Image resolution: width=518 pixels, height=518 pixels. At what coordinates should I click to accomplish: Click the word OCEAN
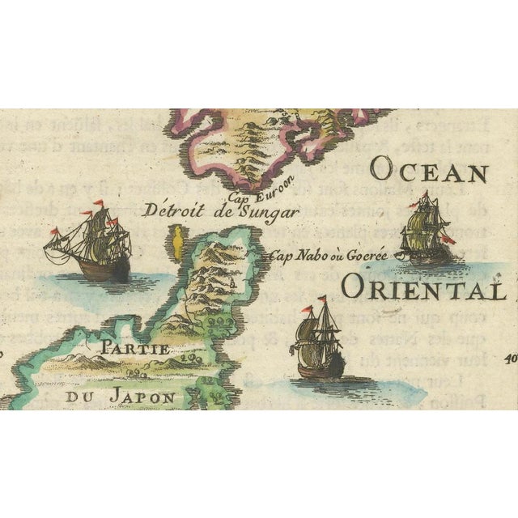click(430, 172)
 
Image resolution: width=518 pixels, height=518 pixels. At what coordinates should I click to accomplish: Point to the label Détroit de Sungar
click(219, 212)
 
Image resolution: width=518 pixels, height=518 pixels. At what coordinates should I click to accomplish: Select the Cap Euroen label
click(279, 189)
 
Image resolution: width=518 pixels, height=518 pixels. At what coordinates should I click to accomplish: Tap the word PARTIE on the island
click(132, 350)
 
